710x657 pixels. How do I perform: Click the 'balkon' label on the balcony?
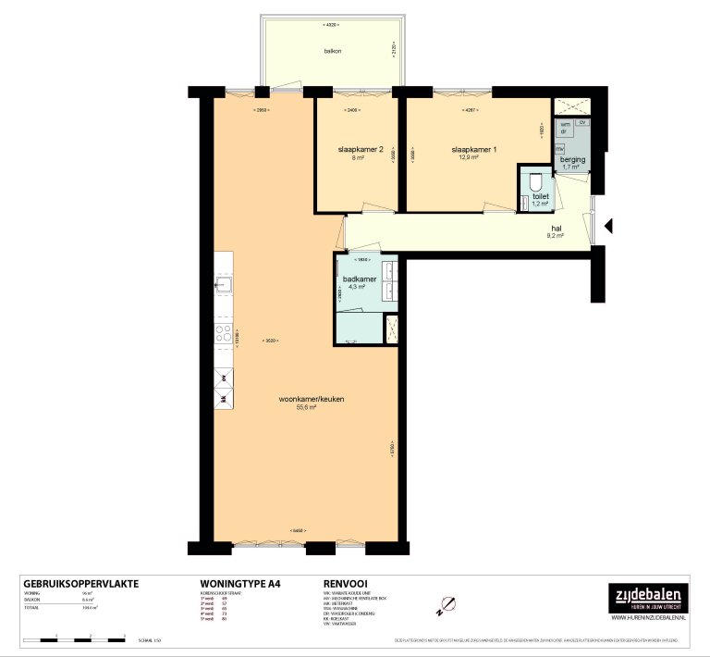click(x=333, y=51)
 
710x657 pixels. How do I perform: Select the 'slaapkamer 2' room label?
click(x=356, y=149)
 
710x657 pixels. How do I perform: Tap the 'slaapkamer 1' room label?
click(x=473, y=149)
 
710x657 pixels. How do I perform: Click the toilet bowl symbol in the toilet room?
click(x=535, y=182)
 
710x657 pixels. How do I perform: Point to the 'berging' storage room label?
click(x=572, y=159)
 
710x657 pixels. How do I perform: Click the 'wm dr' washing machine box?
click(x=564, y=129)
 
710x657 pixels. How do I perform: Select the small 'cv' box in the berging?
click(x=581, y=122)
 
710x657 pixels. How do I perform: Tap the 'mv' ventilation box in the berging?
click(x=559, y=148)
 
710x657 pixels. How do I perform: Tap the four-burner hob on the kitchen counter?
click(x=223, y=333)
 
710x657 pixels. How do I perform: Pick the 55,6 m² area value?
click(x=306, y=407)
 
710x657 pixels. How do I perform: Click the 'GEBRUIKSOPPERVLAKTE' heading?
click(x=80, y=584)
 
